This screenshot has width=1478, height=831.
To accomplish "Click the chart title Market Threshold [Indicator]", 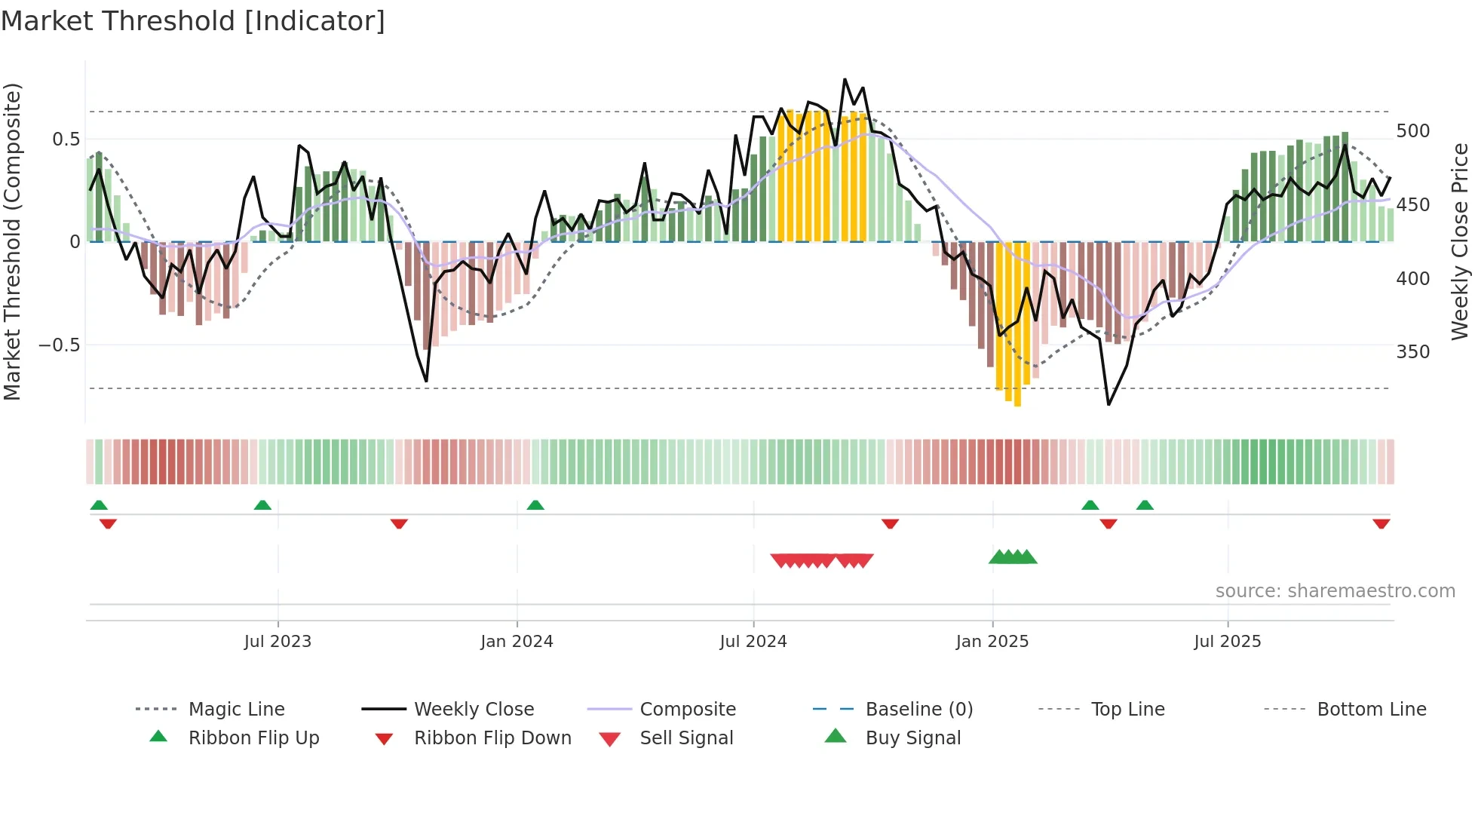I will coord(193,21).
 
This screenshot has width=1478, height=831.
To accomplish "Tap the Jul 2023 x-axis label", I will coord(278,642).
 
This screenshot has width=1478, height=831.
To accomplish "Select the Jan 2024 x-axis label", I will coord(517,642).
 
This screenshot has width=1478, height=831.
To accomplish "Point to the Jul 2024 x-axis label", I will coord(753,642).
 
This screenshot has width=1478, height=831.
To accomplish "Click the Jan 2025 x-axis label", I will coord(992,642).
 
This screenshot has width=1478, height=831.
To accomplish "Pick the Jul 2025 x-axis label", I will coord(1227,642).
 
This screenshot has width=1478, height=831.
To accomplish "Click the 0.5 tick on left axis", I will coord(66,140).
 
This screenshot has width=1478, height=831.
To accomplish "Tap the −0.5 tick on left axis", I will coord(59,345).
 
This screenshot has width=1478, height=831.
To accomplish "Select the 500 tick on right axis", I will coord(1412,131).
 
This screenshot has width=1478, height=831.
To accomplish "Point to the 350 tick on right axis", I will coord(1412,352).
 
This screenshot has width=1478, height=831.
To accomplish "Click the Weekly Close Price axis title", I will coord(1460,241).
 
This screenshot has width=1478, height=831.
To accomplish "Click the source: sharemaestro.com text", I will coord(1335,591).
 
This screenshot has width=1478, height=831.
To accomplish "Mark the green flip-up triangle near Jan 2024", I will coord(535,505).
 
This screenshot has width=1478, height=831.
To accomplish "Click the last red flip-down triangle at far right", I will coord(1381,524).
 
